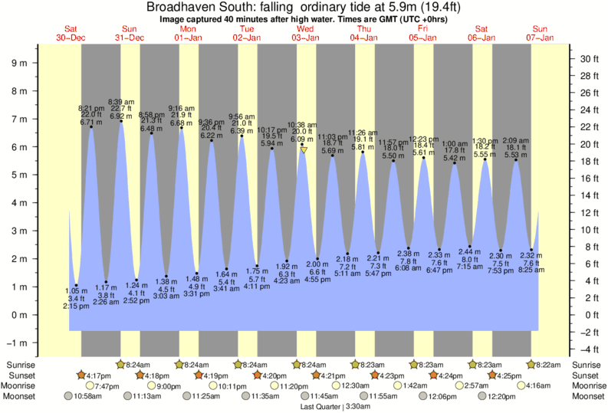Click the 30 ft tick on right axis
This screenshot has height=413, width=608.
tap(588, 58)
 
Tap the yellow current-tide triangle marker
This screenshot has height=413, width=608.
tap(304, 150)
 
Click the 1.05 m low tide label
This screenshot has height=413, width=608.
tap(75, 291)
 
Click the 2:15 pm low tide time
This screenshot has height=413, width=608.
tap(75, 306)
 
